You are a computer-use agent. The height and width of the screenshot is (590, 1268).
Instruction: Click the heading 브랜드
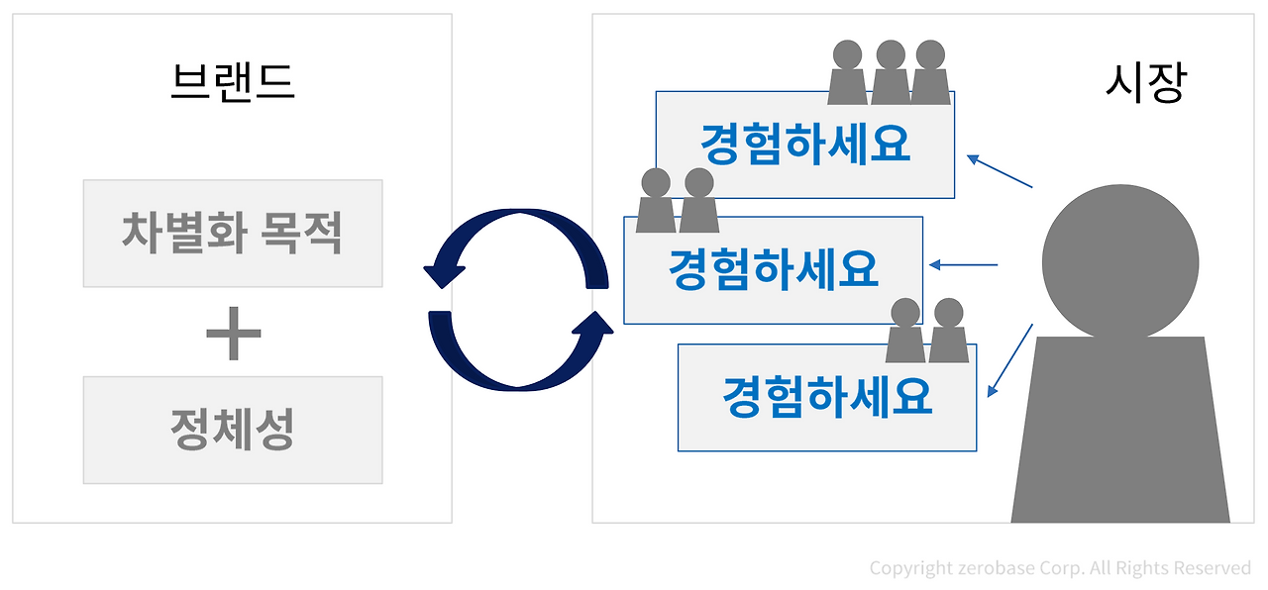click(x=233, y=83)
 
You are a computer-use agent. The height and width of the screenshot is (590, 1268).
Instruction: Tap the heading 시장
click(x=1144, y=83)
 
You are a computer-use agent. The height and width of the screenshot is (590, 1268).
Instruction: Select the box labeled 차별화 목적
click(x=233, y=234)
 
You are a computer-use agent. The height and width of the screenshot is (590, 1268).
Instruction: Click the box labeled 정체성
click(x=233, y=430)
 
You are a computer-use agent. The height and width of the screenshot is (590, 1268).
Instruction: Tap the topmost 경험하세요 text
click(x=804, y=146)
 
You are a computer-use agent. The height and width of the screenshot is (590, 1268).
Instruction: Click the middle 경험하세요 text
click(x=773, y=269)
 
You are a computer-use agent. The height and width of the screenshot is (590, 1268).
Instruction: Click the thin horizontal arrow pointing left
click(x=963, y=264)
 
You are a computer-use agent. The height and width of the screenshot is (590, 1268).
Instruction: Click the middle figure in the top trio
click(x=890, y=73)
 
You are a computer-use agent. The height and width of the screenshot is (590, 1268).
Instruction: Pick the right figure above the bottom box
click(x=948, y=331)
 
